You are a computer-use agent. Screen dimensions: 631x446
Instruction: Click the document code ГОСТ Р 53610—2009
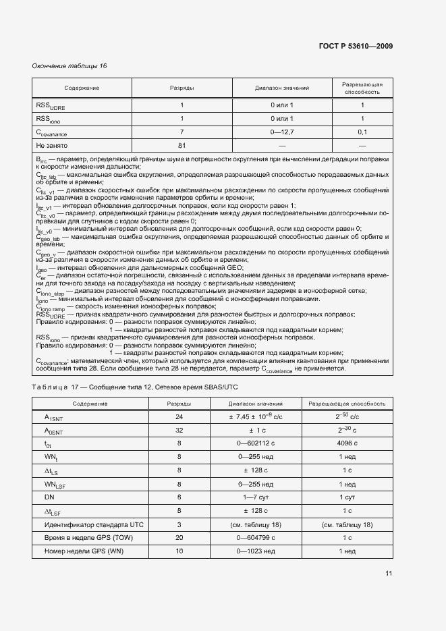tap(356, 47)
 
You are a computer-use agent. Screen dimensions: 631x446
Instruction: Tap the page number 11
tap(389, 574)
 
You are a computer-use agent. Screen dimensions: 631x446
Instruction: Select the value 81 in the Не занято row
tap(182, 145)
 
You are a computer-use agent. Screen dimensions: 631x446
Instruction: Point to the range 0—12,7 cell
tap(282, 132)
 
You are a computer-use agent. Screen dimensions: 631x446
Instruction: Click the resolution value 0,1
tap(362, 132)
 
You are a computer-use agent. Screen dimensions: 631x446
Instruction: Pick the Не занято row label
tap(52, 145)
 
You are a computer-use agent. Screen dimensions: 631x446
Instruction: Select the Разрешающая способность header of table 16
tap(362, 88)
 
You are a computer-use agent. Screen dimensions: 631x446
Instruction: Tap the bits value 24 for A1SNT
tap(179, 417)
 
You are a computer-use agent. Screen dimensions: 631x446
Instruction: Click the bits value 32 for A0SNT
tap(179, 431)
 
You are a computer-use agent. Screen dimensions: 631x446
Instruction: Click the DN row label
tap(49, 497)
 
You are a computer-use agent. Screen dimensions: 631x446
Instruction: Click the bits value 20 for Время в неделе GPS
tap(179, 538)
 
